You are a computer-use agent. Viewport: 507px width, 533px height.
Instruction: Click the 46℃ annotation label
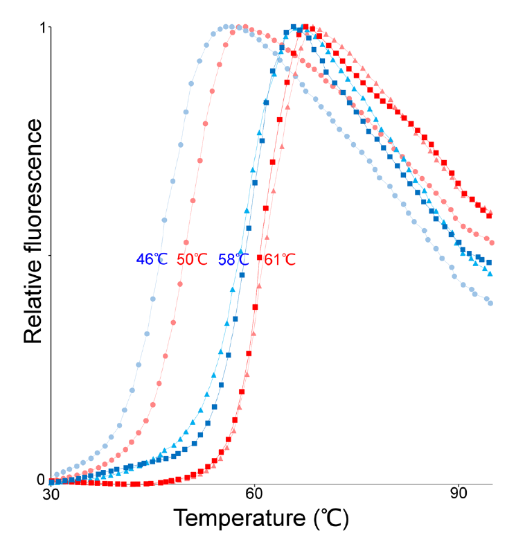pos(152,259)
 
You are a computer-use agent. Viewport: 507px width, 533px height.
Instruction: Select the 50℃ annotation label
pos(192,259)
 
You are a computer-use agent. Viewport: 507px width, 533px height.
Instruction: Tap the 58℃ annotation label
pos(233,259)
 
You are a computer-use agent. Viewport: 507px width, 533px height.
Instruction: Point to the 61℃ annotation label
pos(280,259)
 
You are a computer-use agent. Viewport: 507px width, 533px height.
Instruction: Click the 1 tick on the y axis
pos(42,28)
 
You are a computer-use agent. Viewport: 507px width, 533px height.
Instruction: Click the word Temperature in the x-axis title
pos(240,517)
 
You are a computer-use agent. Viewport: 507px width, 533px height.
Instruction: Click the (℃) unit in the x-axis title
pos(330,517)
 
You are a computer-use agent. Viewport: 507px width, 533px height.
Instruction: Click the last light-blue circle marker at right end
pos(490,303)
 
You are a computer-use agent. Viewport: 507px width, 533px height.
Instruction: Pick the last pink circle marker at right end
pos(491,242)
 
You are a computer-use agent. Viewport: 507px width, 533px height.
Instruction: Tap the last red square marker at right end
pos(490,216)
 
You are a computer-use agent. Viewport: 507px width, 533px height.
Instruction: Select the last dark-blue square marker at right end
pos(490,263)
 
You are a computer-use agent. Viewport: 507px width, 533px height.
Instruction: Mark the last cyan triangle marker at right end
pos(490,274)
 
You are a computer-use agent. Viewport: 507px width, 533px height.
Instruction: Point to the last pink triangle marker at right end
pos(490,211)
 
